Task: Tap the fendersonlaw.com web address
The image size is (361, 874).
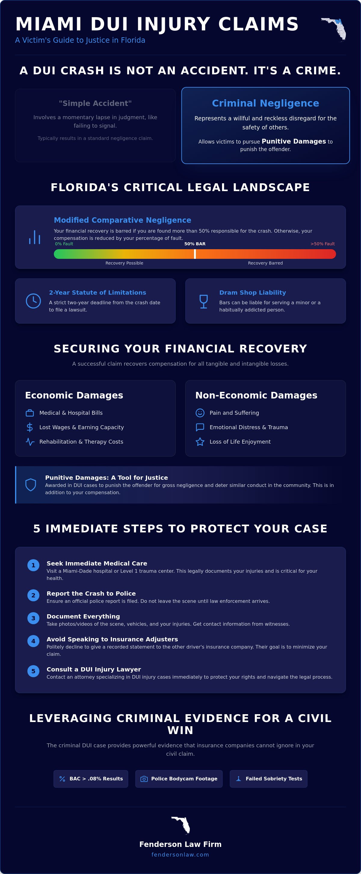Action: (180, 854)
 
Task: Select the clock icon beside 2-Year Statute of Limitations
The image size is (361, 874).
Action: (33, 301)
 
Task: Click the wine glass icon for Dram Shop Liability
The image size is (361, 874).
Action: (204, 301)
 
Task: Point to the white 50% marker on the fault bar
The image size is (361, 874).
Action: (195, 254)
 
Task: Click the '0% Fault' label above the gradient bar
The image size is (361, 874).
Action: (64, 243)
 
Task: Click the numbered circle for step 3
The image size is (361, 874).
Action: (33, 618)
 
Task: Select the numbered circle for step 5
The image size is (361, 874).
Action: (33, 671)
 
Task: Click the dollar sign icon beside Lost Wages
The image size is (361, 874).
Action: (30, 427)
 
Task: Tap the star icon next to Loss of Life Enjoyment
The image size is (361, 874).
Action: (200, 442)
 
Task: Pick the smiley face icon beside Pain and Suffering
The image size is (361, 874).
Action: (200, 413)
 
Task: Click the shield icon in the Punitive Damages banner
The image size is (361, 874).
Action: (31, 485)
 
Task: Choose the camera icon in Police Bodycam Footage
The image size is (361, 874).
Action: (144, 779)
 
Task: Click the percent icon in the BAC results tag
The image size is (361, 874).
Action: (63, 779)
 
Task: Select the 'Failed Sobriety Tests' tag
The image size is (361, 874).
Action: (268, 779)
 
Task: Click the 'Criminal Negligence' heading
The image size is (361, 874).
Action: (265, 103)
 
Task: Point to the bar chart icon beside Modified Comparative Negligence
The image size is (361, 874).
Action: (35, 237)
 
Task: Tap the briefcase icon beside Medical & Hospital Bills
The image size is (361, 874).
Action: (30, 413)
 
